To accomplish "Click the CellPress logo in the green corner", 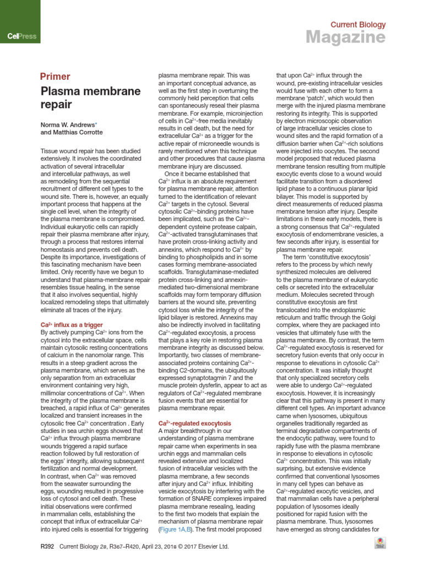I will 21,36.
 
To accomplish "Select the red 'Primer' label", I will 55,77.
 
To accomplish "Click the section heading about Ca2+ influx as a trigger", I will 72,325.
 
